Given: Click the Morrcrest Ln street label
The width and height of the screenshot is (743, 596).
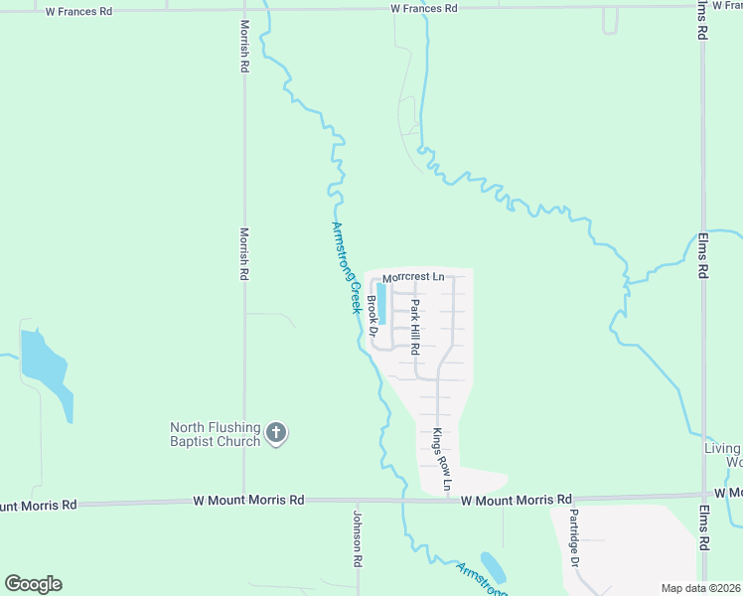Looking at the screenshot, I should [413, 276].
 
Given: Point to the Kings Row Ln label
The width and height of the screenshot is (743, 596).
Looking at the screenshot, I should [440, 460].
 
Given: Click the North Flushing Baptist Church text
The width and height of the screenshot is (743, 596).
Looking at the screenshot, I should [215, 434].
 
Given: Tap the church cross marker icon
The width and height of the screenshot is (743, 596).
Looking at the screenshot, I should [276, 433].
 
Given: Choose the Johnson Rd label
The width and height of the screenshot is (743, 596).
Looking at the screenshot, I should [359, 538].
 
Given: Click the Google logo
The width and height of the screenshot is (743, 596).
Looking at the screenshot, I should [33, 584].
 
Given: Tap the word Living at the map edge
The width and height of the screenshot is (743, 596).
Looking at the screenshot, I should [722, 449].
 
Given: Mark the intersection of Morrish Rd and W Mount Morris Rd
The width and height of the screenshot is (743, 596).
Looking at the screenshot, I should [244, 502].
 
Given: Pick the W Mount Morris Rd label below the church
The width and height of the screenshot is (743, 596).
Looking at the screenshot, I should [248, 501].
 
